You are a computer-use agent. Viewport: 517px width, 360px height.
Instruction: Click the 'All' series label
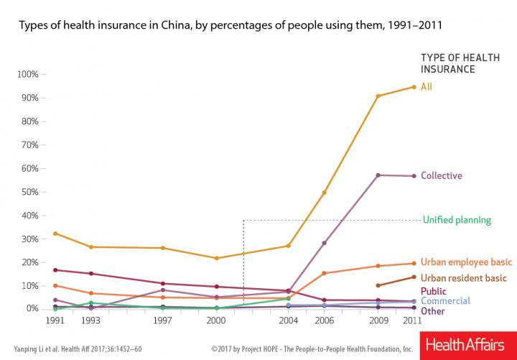(427, 86)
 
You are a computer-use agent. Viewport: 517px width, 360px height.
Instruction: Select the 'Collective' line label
(441, 175)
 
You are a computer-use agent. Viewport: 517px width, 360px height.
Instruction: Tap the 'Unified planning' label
(456, 220)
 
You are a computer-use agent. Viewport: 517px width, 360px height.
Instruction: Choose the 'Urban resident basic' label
(462, 277)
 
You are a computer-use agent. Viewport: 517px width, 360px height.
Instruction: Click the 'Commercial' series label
(445, 300)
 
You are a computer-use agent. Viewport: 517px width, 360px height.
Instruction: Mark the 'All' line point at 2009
(378, 96)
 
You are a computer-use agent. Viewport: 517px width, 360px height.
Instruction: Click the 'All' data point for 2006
(324, 193)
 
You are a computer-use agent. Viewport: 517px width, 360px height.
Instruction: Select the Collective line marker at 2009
(378, 175)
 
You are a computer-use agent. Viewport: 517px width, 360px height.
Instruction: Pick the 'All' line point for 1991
(55, 233)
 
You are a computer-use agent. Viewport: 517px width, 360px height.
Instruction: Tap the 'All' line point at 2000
(216, 258)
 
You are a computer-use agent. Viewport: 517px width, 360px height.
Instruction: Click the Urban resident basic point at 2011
(414, 277)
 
